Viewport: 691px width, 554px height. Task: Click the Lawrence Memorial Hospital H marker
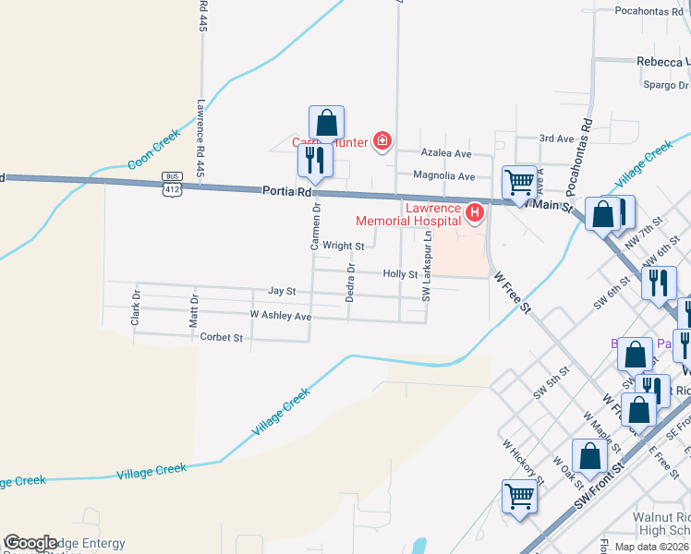point(475,214)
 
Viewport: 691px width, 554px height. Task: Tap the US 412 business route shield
point(172,184)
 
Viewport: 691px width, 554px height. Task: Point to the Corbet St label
point(221,338)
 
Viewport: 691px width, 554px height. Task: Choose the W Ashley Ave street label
point(281,316)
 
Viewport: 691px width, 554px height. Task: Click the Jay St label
point(282,291)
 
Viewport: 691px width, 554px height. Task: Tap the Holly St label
point(401,274)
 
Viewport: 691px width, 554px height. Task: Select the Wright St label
point(344,247)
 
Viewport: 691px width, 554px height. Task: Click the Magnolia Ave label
point(443,176)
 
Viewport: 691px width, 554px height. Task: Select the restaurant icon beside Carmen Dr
point(315,161)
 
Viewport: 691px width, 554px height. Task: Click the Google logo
point(30,544)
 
